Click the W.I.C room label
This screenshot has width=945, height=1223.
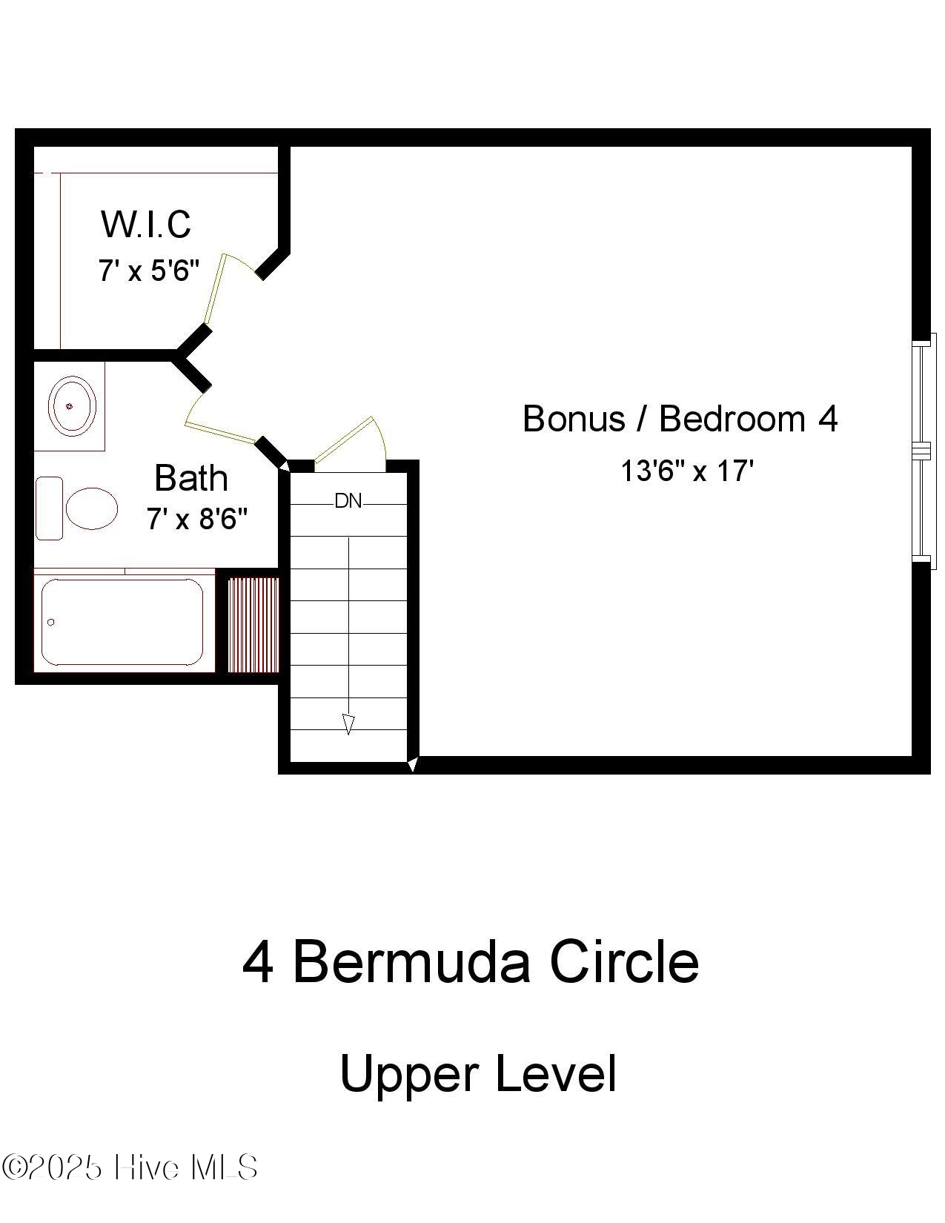(146, 225)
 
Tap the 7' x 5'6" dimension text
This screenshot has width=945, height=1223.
(149, 271)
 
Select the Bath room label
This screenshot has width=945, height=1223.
(190, 478)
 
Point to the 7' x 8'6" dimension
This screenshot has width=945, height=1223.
(196, 519)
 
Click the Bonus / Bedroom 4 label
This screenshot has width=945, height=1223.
(680, 419)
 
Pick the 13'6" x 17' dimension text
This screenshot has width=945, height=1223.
(686, 471)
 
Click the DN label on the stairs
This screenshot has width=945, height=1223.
(348, 502)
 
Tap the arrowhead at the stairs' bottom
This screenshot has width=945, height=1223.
(348, 723)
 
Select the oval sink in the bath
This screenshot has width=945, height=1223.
(72, 405)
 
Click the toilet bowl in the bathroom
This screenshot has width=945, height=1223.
(92, 508)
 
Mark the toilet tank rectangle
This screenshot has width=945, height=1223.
(50, 508)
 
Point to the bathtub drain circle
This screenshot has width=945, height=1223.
(51, 622)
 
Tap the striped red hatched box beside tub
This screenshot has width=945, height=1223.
(253, 625)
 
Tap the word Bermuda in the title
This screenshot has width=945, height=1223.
(411, 962)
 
